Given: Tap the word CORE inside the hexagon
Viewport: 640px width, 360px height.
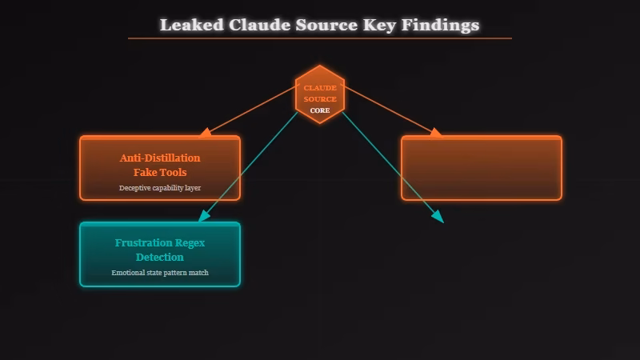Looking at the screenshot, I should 320,110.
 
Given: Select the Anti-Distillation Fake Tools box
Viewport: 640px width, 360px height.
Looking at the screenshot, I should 160,167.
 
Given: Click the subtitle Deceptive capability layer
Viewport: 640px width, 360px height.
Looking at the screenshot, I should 160,188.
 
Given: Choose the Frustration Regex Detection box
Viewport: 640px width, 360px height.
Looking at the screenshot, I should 160,254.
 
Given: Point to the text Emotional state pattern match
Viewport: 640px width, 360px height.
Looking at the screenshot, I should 160,273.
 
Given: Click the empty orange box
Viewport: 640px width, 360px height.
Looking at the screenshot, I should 481,167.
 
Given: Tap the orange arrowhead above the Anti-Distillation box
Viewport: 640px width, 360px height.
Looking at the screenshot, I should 206,131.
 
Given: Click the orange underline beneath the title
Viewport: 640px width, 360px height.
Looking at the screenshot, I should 320,38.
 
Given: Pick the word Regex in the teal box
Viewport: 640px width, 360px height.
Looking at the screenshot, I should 190,242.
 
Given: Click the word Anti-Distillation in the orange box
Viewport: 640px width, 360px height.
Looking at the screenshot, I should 160,158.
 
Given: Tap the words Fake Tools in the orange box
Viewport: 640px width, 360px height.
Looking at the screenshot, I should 160,172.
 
